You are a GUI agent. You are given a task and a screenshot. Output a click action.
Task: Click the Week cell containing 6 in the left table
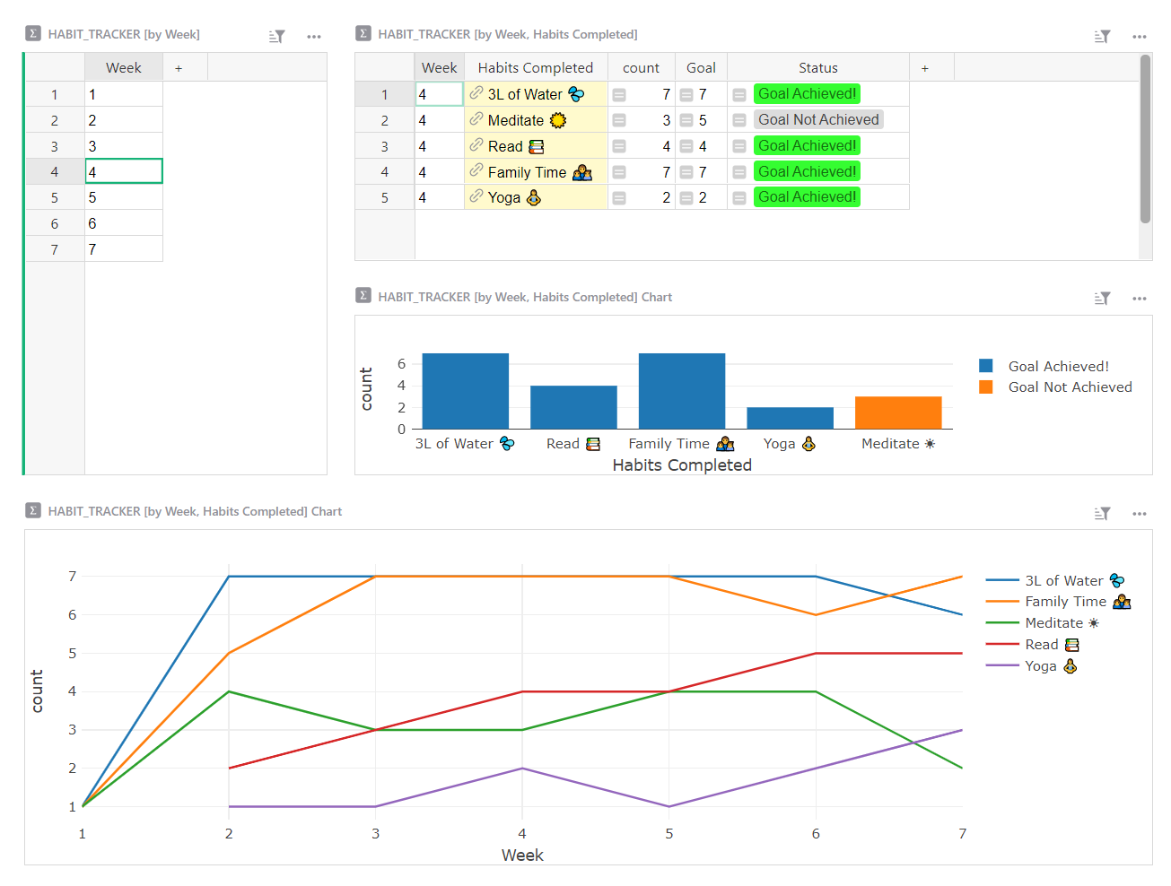pyautogui.click(x=124, y=223)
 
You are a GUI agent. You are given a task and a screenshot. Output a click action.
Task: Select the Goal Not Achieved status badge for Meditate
pyautogui.click(x=818, y=120)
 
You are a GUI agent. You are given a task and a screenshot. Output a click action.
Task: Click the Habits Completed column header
pyautogui.click(x=535, y=68)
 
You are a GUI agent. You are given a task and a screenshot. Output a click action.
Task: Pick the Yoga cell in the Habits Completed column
pyautogui.click(x=535, y=197)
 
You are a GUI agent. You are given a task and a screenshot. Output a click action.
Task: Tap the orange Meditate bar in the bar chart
pyautogui.click(x=897, y=413)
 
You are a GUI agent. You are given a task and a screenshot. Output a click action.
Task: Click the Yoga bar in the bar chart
pyautogui.click(x=790, y=418)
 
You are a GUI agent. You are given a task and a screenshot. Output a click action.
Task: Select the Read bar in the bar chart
pyautogui.click(x=573, y=407)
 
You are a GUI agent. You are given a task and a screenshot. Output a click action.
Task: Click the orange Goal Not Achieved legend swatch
pyautogui.click(x=986, y=387)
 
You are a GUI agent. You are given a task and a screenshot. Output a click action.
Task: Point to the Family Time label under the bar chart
pyautogui.click(x=680, y=444)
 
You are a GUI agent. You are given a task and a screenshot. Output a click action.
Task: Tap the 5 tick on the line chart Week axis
pyautogui.click(x=669, y=834)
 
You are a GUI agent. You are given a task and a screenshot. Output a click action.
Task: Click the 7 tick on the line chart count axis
pyautogui.click(x=73, y=577)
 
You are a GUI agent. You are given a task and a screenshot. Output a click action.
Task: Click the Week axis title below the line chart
pyautogui.click(x=522, y=856)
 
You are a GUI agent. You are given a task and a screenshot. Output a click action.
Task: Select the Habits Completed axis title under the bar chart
pyautogui.click(x=682, y=465)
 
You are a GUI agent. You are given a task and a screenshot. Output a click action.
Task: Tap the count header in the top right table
pyautogui.click(x=641, y=68)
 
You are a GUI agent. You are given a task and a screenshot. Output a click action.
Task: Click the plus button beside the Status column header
pyautogui.click(x=925, y=68)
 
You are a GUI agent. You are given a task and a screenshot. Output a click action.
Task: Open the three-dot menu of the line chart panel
pyautogui.click(x=1140, y=514)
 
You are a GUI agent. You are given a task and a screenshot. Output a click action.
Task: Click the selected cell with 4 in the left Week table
pyautogui.click(x=124, y=171)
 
